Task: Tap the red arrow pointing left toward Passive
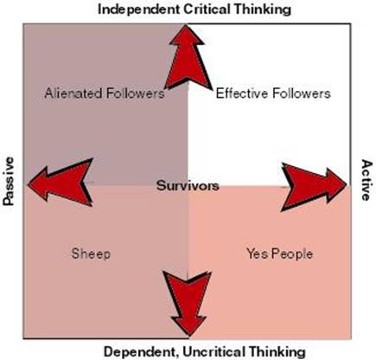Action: [61, 183]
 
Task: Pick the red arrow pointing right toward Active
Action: [314, 186]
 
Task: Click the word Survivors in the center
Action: [188, 185]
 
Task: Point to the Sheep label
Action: [91, 254]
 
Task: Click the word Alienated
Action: [73, 93]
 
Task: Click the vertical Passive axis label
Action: [9, 181]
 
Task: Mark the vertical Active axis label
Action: [366, 180]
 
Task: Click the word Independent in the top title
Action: [138, 10]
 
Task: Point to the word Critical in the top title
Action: [207, 9]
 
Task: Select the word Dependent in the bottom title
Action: [141, 352]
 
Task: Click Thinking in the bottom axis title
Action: [277, 352]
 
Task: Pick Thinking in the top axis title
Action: [263, 10]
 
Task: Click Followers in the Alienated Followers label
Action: [136, 93]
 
